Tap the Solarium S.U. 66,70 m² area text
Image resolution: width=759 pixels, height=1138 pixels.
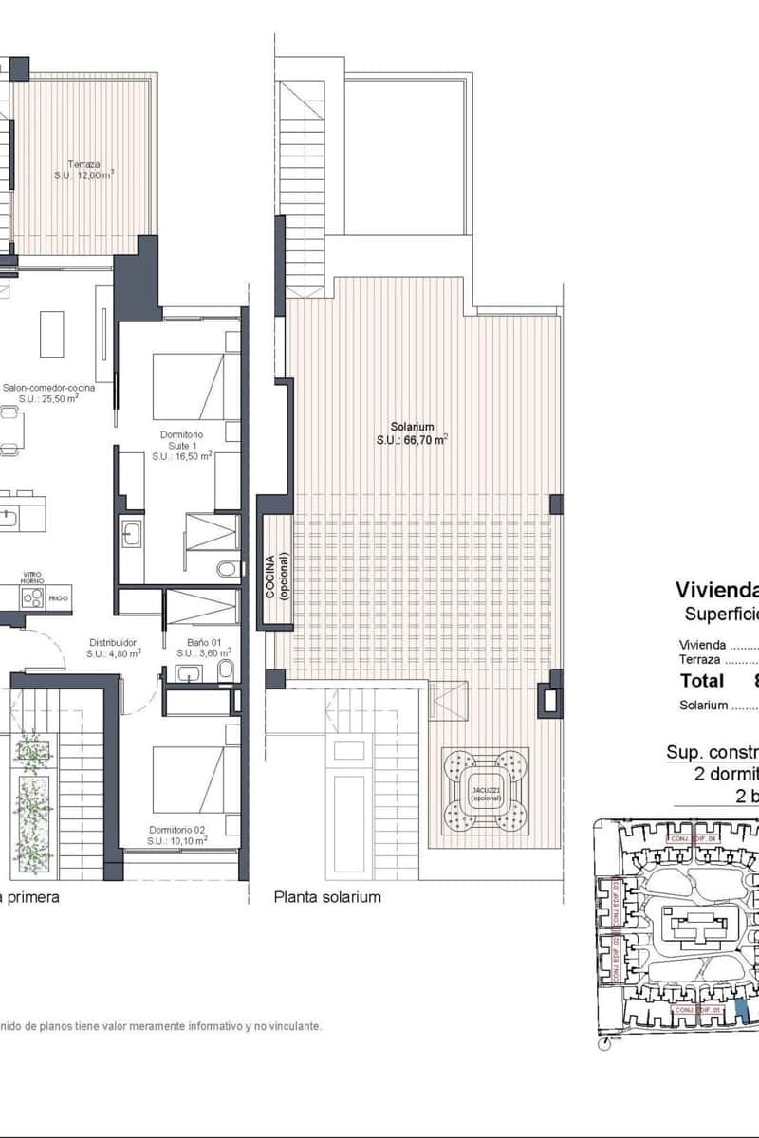411,440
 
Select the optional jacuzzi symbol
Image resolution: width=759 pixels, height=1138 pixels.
485,789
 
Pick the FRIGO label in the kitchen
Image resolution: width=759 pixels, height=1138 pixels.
59,599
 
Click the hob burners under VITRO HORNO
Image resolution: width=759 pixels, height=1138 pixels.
32,598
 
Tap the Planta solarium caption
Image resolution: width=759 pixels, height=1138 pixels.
327,896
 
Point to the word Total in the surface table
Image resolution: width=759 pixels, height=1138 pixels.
702,680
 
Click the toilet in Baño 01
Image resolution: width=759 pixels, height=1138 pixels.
225,672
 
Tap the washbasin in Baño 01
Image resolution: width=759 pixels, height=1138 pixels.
187,674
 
